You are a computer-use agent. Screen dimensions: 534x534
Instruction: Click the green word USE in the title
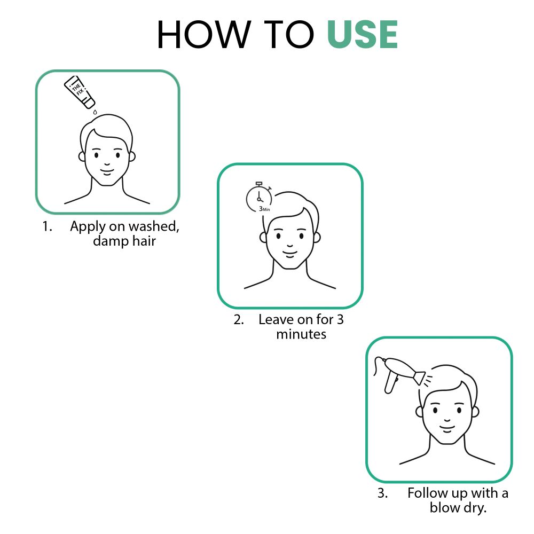coord(362,35)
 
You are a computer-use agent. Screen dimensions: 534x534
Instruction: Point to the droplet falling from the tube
coord(95,112)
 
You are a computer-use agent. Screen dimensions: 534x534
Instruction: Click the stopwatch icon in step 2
coord(258,197)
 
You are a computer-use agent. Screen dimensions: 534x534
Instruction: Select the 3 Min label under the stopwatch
coord(264,209)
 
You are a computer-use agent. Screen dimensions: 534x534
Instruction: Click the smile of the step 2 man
coord(288,252)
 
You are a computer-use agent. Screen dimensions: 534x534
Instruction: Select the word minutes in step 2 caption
coord(301,335)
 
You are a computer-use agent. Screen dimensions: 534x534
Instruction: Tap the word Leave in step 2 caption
coord(276,320)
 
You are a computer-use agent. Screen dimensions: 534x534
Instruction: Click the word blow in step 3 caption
coord(445,507)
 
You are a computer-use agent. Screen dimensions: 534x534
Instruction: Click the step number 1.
coord(47,226)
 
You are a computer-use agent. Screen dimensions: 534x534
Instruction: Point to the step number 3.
coord(382,492)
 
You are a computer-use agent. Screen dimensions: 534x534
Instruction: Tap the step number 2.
coord(238,320)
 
